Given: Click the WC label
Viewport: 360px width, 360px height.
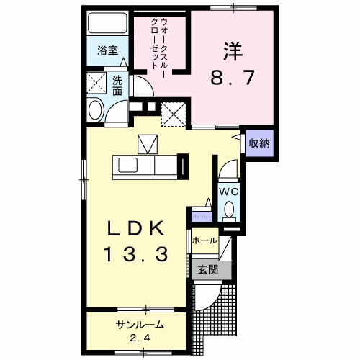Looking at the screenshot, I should (228, 192).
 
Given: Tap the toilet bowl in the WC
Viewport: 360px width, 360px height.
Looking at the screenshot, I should (228, 210).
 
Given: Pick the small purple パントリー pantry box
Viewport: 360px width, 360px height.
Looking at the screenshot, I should (202, 215).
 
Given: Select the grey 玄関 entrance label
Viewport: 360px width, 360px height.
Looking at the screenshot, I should (208, 269).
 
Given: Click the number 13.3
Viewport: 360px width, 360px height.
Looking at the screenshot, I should (137, 253).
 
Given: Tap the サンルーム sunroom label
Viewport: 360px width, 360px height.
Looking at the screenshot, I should (140, 325).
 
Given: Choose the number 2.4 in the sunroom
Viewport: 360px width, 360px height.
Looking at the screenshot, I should (139, 338).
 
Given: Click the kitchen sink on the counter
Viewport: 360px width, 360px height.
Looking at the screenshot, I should (130, 166).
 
